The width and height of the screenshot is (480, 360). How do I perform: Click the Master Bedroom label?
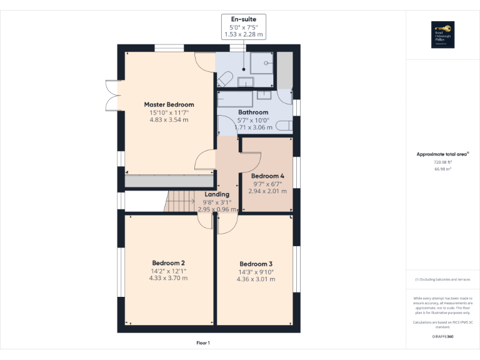coord(169,104)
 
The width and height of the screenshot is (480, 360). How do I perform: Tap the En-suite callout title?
coord(244,19)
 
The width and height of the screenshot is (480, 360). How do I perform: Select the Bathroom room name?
coord(253,112)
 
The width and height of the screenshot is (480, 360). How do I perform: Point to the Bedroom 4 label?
coord(267,176)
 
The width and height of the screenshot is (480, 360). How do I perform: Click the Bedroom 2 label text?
coord(169,263)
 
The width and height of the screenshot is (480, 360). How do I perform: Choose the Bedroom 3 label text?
coord(256,264)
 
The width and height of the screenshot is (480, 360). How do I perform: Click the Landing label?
coord(217,194)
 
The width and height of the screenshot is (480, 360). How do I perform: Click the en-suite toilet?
coord(225,79)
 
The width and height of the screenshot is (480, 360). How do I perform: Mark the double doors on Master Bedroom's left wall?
coord(112,96)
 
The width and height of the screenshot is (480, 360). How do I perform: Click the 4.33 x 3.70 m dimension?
coord(169,279)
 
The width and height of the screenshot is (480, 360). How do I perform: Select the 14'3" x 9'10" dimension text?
coord(256,272)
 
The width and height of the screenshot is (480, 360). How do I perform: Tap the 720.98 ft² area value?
coord(442,161)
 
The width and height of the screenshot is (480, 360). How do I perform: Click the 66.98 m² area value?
coord(442,168)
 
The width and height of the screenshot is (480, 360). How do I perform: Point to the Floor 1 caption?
coord(203,342)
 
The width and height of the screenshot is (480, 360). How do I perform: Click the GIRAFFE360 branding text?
coord(442,337)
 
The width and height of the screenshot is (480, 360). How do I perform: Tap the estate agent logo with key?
coord(442,35)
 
